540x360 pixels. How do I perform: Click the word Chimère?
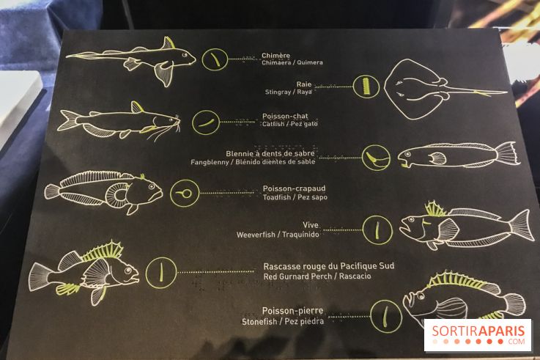point(275,56)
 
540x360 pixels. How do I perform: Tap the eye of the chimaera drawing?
point(185,54)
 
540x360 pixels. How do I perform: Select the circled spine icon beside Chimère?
point(215,59)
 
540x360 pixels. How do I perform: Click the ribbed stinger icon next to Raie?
point(366,87)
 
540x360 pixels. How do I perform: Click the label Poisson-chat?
point(285,117)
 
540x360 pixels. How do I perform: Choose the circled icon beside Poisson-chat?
point(206,122)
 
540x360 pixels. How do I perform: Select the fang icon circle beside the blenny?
point(376,158)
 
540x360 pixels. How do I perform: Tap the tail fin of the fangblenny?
point(507,153)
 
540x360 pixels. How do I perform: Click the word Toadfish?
point(276,197)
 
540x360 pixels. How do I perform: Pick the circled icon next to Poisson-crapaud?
point(185,194)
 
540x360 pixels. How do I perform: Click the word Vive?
point(311,225)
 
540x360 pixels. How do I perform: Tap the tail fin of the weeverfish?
point(522,225)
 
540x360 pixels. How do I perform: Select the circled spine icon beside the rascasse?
point(161,273)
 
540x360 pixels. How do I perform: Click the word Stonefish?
point(259,322)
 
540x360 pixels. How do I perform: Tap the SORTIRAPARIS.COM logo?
point(478,335)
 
